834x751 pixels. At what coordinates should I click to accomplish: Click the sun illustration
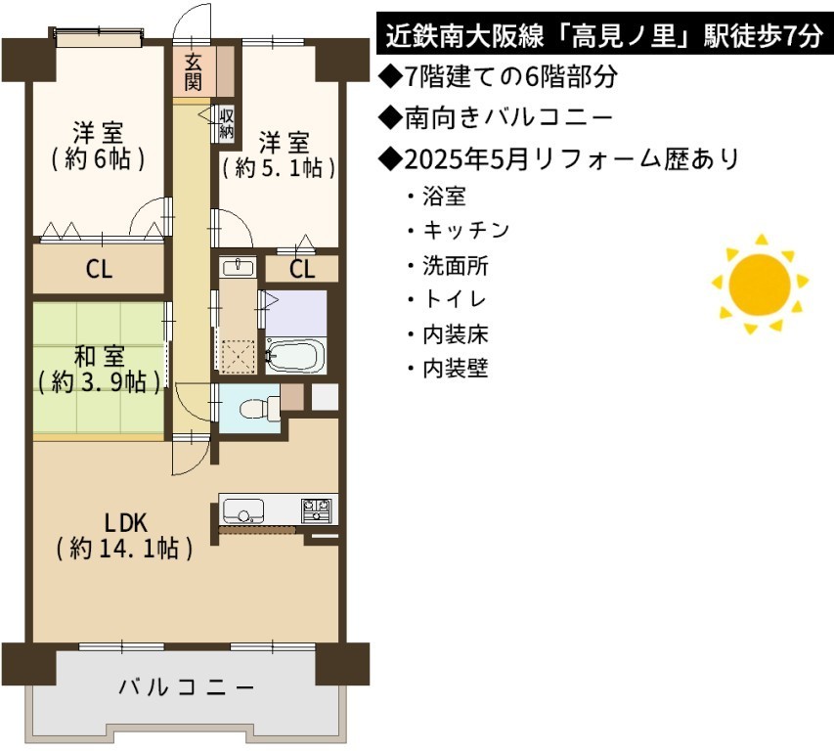pyautogui.click(x=760, y=284)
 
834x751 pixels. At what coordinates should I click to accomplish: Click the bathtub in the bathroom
pyautogui.click(x=295, y=354)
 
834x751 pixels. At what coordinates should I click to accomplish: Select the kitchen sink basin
pyautogui.click(x=243, y=511)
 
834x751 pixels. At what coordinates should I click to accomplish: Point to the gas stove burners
pyautogui.click(x=317, y=510)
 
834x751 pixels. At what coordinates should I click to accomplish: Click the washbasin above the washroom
pyautogui.click(x=238, y=267)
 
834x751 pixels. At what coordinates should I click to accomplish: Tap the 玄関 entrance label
pyautogui.click(x=194, y=73)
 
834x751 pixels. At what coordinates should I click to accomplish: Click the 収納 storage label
pyautogui.click(x=227, y=123)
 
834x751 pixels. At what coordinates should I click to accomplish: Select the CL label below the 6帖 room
pyautogui.click(x=100, y=269)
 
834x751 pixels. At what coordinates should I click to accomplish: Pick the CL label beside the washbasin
pyautogui.click(x=302, y=269)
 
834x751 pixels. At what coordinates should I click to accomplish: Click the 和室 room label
pyautogui.click(x=100, y=357)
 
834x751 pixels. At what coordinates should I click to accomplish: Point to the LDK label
pyautogui.click(x=125, y=523)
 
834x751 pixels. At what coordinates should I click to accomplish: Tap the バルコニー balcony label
pyautogui.click(x=187, y=687)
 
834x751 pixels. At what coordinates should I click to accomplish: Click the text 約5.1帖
pyautogui.click(x=279, y=168)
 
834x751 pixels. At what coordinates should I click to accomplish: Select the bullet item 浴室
pyautogui.click(x=444, y=197)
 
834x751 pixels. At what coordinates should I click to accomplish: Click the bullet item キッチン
pyautogui.click(x=466, y=231)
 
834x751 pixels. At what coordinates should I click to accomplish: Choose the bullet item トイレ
pyautogui.click(x=455, y=299)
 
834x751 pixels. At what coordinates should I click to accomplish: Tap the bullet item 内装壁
pyautogui.click(x=456, y=369)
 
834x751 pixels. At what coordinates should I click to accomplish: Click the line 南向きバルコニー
pyautogui.click(x=508, y=118)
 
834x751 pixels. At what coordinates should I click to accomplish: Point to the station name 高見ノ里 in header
pyautogui.click(x=631, y=37)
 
